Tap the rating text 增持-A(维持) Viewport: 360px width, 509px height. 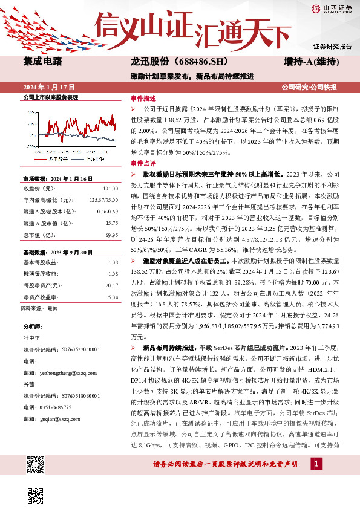(x=310, y=62)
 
